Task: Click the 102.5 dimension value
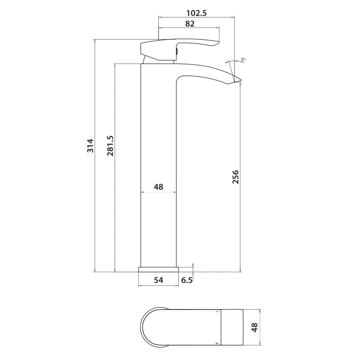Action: (x=197, y=13)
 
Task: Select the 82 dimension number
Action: (x=190, y=24)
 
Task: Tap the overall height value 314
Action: (x=90, y=145)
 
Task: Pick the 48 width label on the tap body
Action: (x=158, y=187)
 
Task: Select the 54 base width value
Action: (x=158, y=280)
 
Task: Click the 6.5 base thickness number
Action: (x=187, y=280)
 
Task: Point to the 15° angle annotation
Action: (x=243, y=60)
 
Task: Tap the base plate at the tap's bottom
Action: (x=158, y=269)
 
